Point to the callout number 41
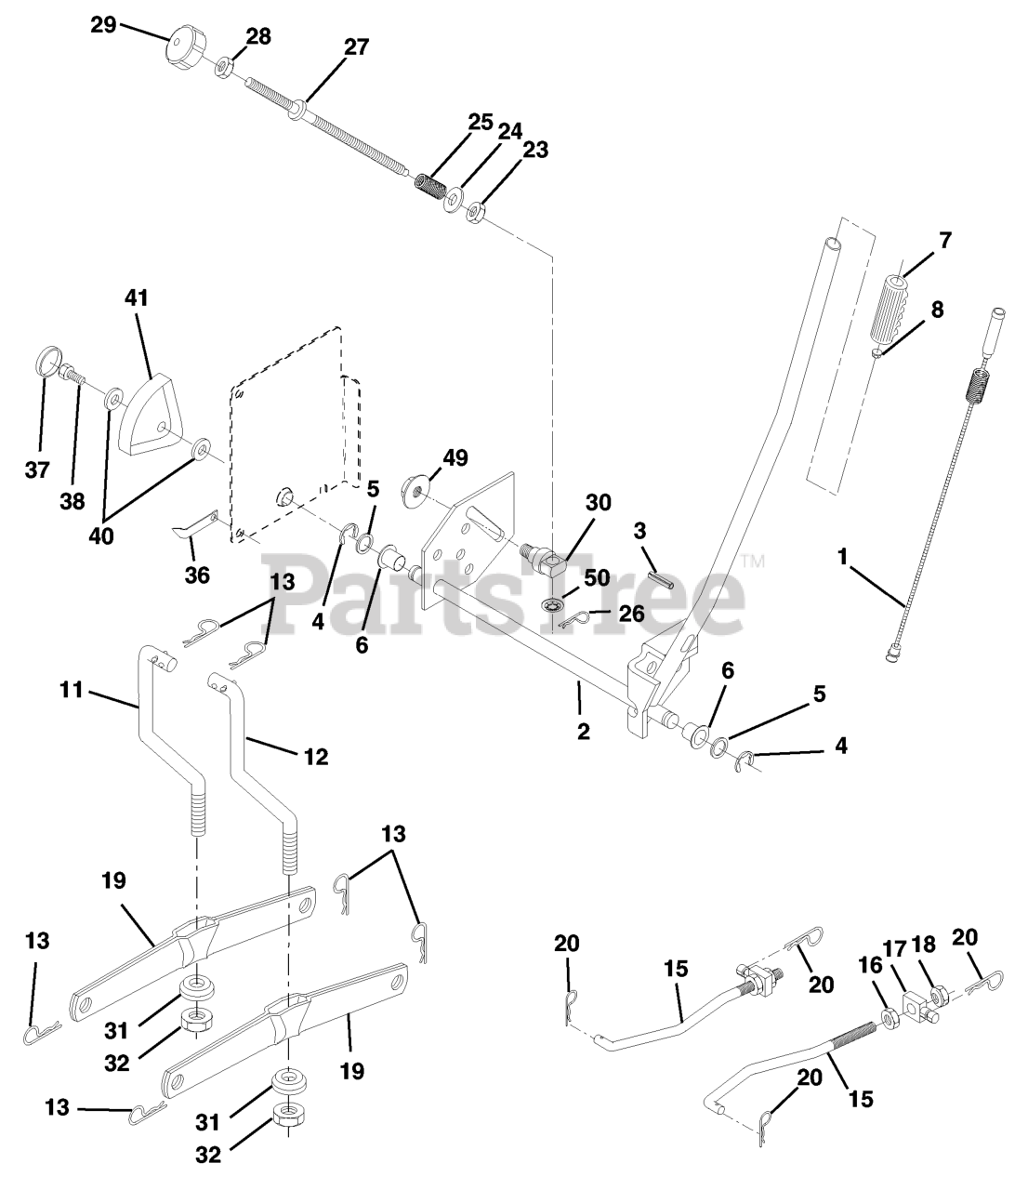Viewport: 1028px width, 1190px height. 137,299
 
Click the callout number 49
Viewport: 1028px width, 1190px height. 455,457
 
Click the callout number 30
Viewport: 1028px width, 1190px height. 599,502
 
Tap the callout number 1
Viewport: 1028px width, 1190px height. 842,558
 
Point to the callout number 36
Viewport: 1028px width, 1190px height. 197,575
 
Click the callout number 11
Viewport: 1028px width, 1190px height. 72,690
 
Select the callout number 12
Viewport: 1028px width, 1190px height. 316,757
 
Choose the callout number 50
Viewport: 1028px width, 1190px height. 596,577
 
